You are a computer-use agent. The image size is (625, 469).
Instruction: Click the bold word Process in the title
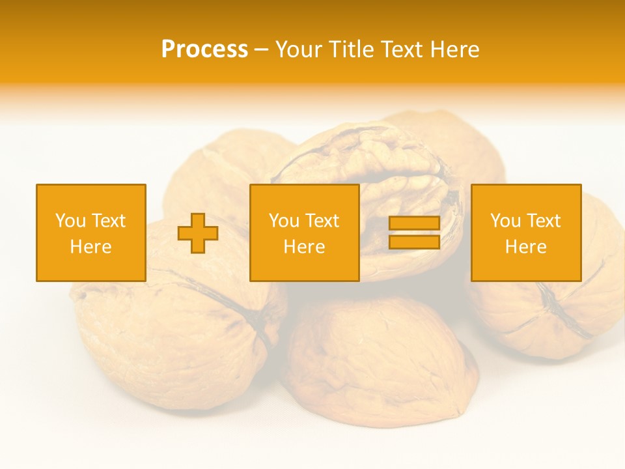click(x=204, y=50)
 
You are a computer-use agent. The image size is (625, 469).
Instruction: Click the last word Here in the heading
click(x=456, y=50)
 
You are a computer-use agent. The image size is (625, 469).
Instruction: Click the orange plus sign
click(x=198, y=233)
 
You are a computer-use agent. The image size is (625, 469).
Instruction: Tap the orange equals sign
click(x=414, y=233)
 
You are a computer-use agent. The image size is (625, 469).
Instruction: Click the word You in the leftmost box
click(x=70, y=221)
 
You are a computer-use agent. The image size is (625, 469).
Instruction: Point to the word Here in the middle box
click(x=304, y=247)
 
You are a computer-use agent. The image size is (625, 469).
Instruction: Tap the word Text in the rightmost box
click(x=544, y=221)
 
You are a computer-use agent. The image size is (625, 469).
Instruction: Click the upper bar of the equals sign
click(x=414, y=223)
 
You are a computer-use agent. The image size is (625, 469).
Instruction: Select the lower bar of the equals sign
click(x=414, y=242)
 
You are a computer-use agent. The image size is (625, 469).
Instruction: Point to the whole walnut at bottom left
click(x=169, y=339)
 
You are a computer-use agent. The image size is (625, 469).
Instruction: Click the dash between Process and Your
click(x=262, y=50)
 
